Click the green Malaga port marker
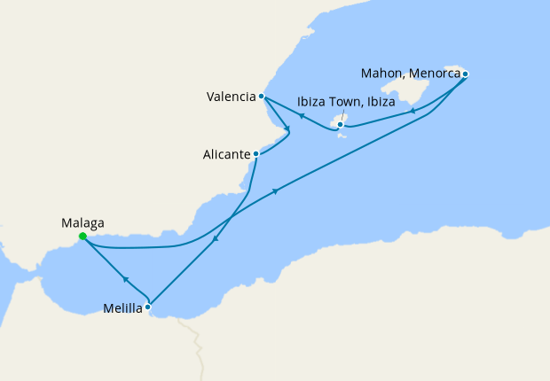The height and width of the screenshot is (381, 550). (x=82, y=237)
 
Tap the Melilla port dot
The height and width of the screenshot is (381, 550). (x=148, y=307)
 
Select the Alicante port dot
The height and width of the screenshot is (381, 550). (x=255, y=153)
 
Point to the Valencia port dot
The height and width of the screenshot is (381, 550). (x=261, y=96)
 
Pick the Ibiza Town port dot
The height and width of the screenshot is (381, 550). (x=340, y=125)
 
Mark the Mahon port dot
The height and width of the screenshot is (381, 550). (x=465, y=74)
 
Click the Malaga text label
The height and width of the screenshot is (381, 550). (x=82, y=222)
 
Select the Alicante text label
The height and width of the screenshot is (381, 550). (x=226, y=154)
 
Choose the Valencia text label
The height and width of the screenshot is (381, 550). (x=230, y=96)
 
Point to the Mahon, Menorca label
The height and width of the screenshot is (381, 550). (x=410, y=73)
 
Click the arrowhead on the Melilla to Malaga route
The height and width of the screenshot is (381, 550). (x=126, y=280)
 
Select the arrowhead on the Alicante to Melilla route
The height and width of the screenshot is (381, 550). (x=216, y=239)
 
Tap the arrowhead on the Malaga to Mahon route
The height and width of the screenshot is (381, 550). (x=277, y=191)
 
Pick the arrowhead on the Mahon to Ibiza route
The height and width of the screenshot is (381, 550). (x=412, y=112)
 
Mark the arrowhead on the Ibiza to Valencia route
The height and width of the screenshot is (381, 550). (x=302, y=116)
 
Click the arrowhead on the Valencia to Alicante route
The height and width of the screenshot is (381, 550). (x=287, y=132)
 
